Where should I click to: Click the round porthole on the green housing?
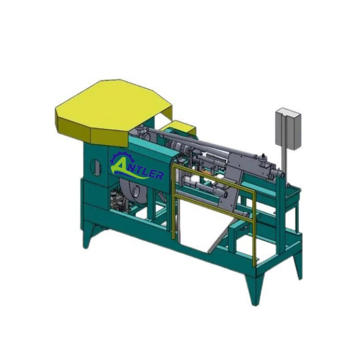click(x=96, y=166)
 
